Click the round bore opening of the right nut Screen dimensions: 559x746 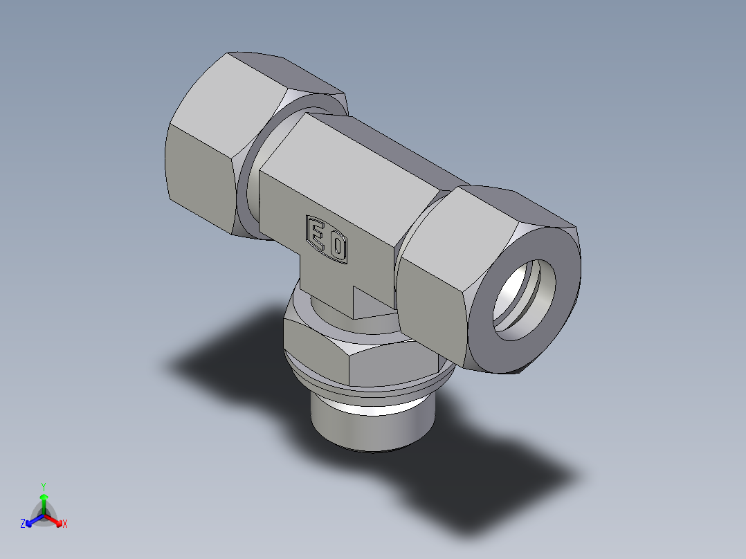525,300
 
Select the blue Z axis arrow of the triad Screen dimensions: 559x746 32,521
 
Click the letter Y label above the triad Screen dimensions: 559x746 44,486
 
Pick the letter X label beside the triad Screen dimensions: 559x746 65,524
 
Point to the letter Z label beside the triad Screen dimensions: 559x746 23,524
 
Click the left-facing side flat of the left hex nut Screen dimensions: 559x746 201,173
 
